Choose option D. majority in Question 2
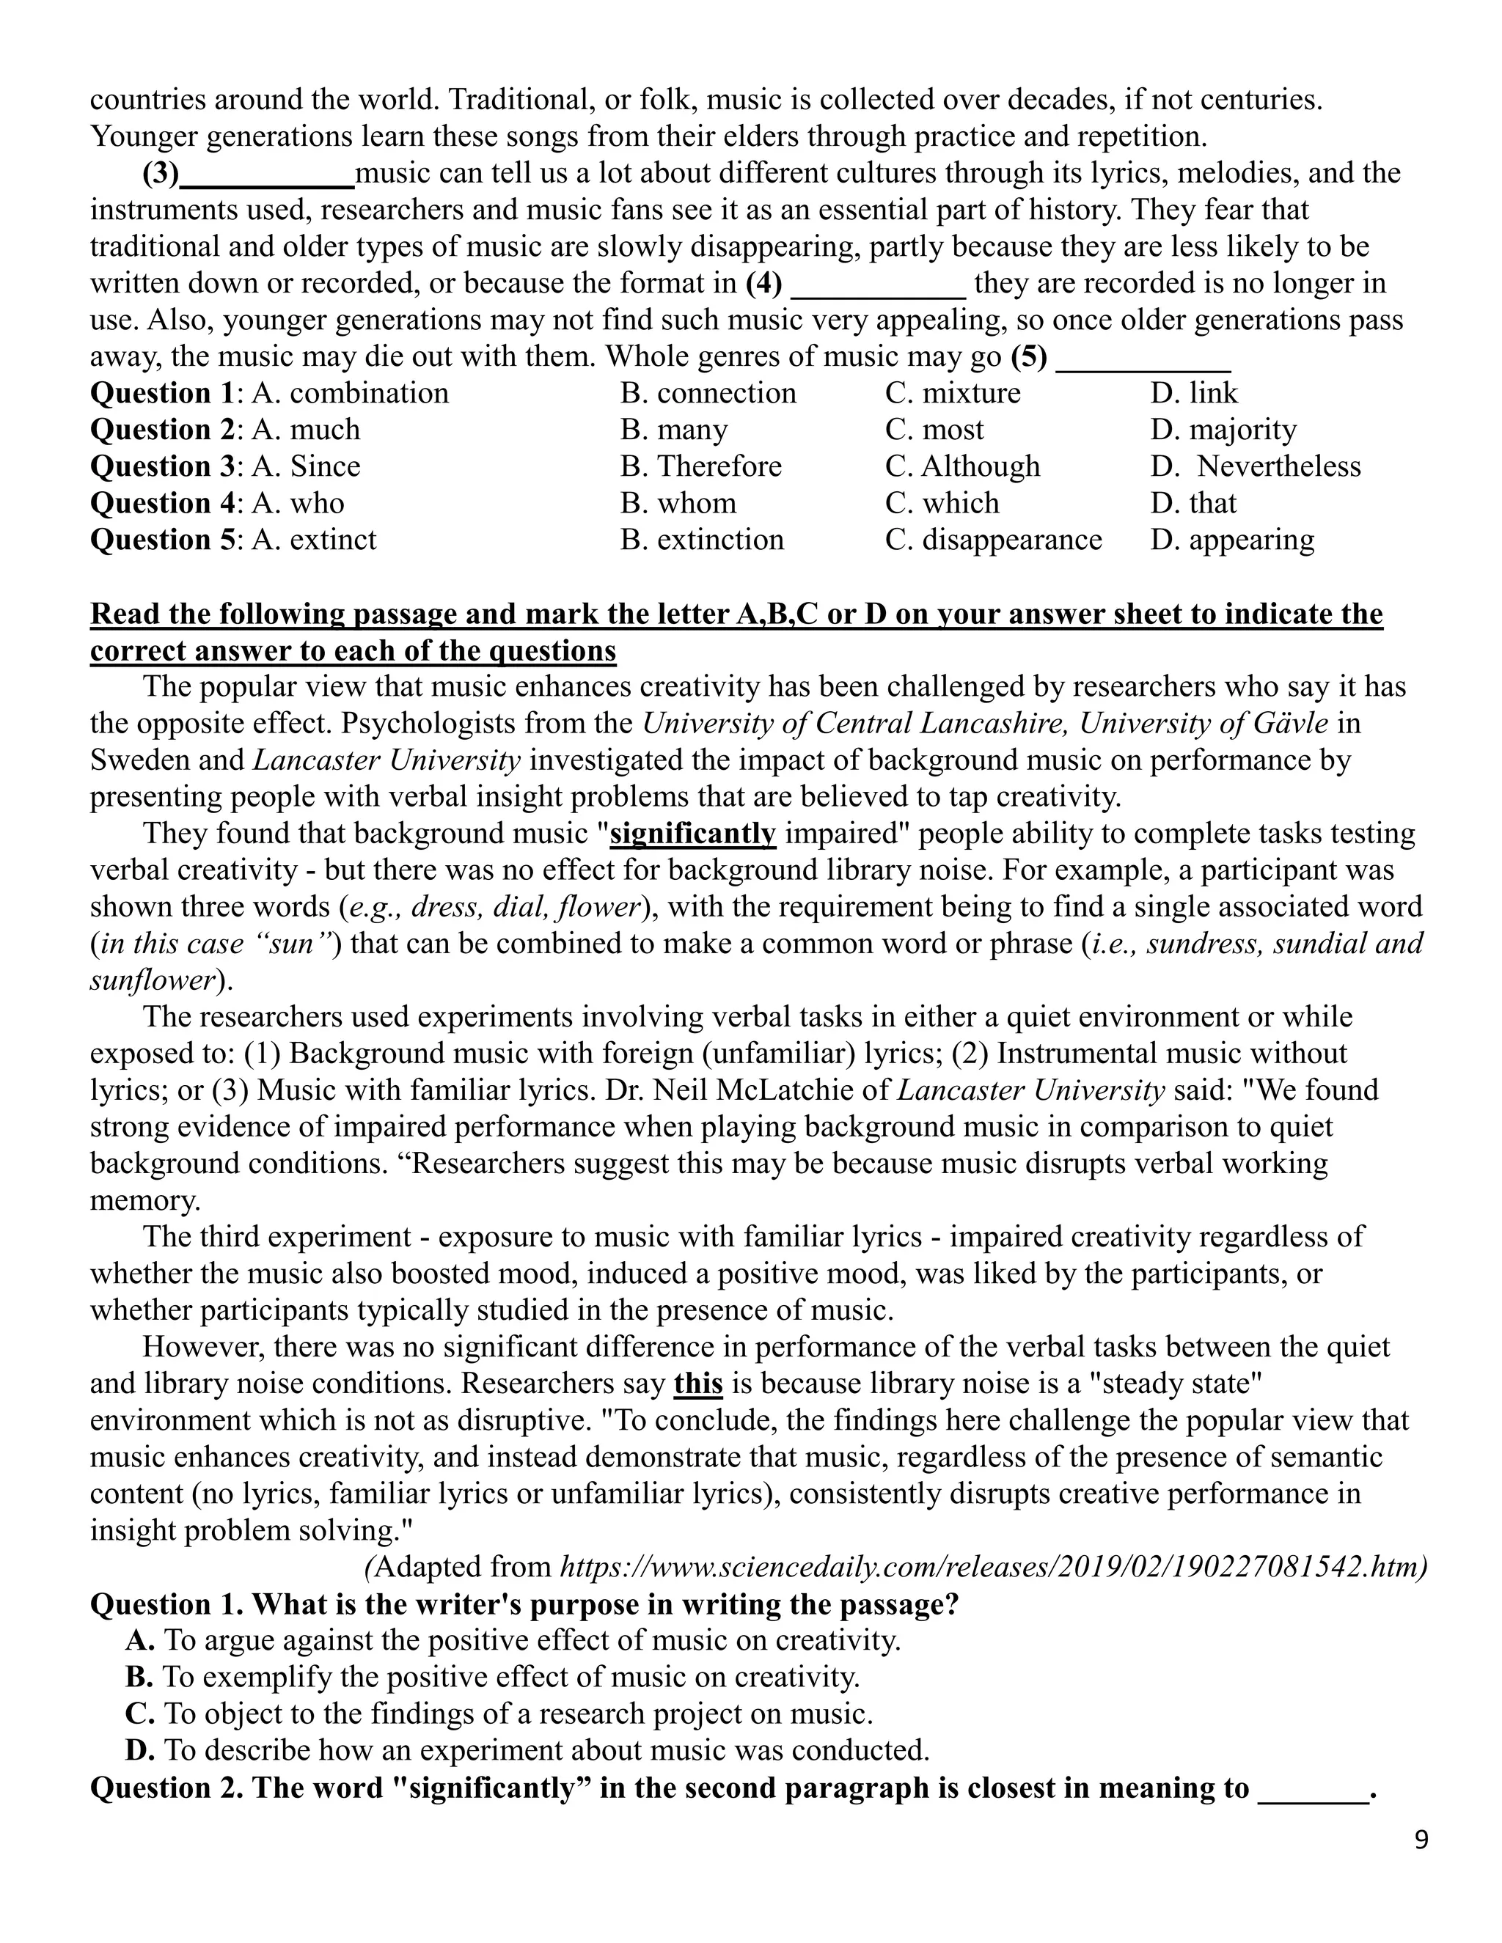(x=1223, y=430)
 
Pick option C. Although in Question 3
(x=962, y=466)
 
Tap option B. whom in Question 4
(x=678, y=504)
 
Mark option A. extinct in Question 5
(x=314, y=540)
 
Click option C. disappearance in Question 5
(x=993, y=540)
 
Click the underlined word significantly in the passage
(x=693, y=834)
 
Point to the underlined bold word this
(x=697, y=1384)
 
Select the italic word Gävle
(x=1289, y=723)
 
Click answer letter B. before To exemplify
(x=139, y=1677)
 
